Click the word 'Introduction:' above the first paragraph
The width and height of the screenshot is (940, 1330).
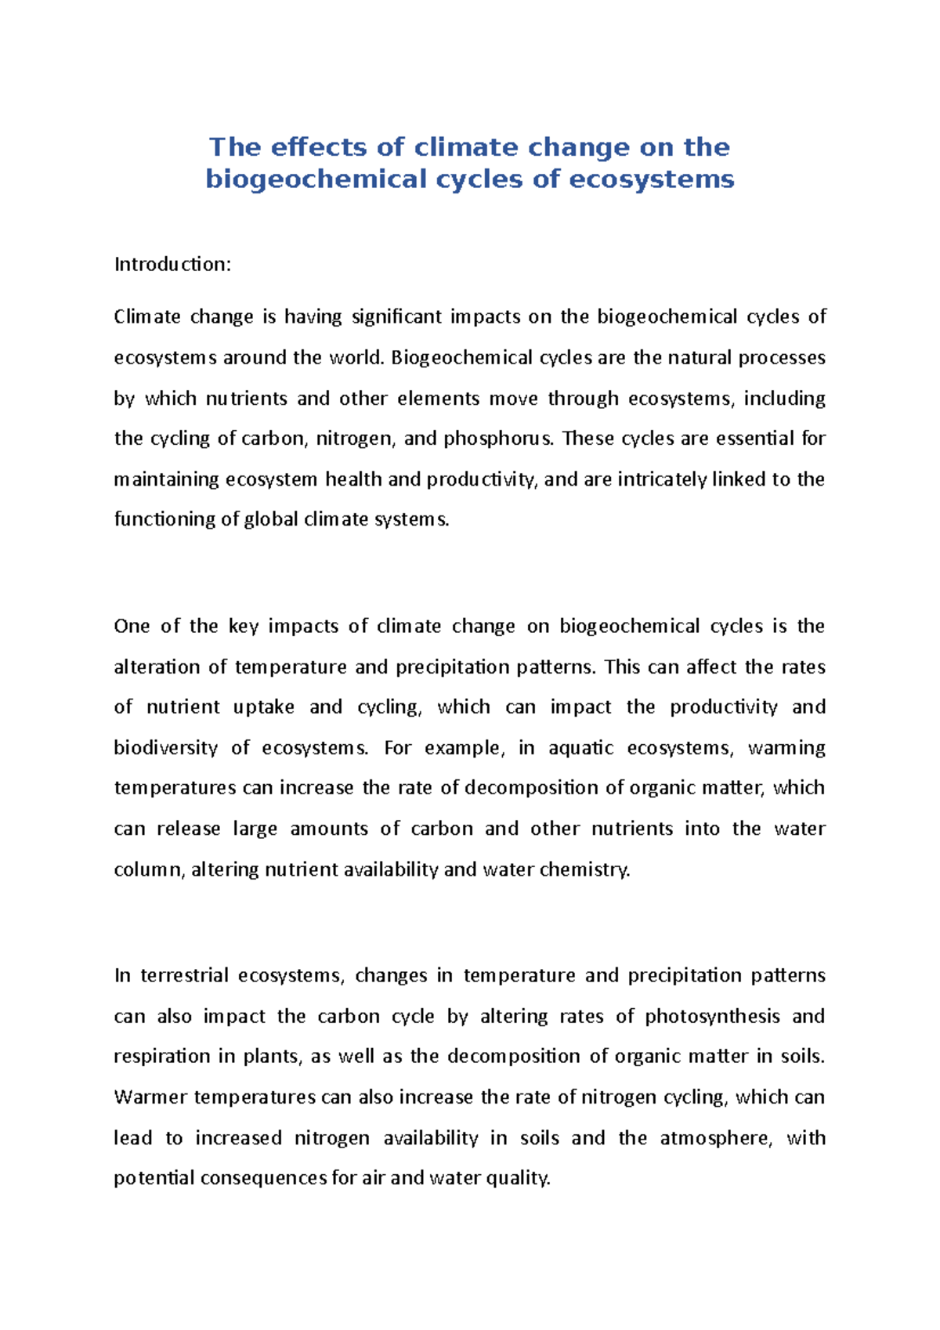(x=172, y=265)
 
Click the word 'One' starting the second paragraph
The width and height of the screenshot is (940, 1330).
(x=132, y=627)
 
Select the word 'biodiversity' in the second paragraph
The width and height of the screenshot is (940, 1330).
(x=165, y=748)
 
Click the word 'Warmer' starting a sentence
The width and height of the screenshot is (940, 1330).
(x=150, y=1097)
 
